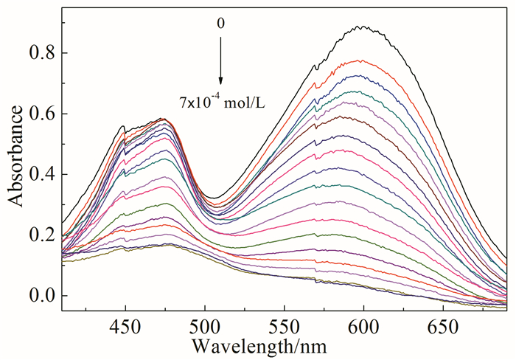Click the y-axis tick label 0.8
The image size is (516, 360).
(x=41, y=53)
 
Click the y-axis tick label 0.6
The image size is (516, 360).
(x=41, y=114)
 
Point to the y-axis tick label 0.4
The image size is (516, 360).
(x=41, y=174)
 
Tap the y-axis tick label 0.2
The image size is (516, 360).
(x=41, y=235)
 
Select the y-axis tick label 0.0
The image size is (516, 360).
(x=41, y=296)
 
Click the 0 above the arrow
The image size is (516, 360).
(x=220, y=24)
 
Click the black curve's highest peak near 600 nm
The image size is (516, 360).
(x=362, y=27)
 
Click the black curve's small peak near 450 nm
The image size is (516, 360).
(x=123, y=126)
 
